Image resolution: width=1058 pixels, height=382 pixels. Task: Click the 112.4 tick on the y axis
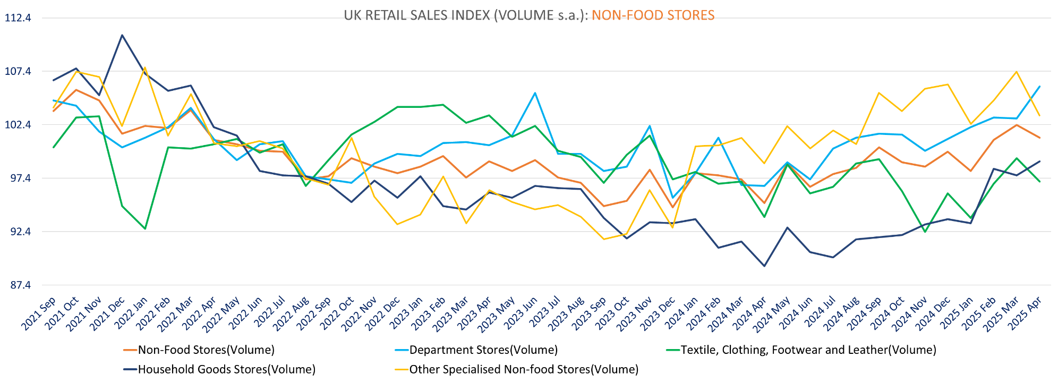[x=18, y=18]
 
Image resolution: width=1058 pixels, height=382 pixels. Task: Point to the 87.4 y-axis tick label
[x=18, y=285]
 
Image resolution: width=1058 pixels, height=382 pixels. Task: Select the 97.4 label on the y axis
[x=18, y=179]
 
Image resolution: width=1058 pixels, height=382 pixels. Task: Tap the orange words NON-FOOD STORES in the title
[x=653, y=15]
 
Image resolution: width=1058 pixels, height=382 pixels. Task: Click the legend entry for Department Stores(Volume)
[x=483, y=350]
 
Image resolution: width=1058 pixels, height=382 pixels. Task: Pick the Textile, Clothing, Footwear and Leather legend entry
[x=808, y=350]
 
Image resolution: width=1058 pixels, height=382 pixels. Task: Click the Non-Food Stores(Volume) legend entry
[x=206, y=350]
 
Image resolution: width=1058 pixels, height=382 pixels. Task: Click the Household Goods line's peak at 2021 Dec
[x=122, y=36]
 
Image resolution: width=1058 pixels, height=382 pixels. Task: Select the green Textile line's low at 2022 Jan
[x=145, y=229]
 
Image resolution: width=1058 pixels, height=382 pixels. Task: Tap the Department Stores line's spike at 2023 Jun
[x=535, y=93]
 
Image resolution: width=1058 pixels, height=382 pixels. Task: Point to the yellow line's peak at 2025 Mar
[x=1017, y=72]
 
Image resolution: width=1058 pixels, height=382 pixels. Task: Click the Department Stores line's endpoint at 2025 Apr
[x=1039, y=86]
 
